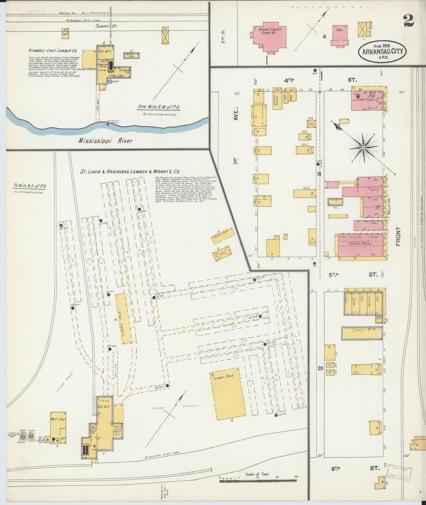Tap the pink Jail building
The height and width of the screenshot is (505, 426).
click(339, 36)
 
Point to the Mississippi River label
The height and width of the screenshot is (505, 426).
click(105, 140)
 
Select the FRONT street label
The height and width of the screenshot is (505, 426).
click(398, 236)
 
